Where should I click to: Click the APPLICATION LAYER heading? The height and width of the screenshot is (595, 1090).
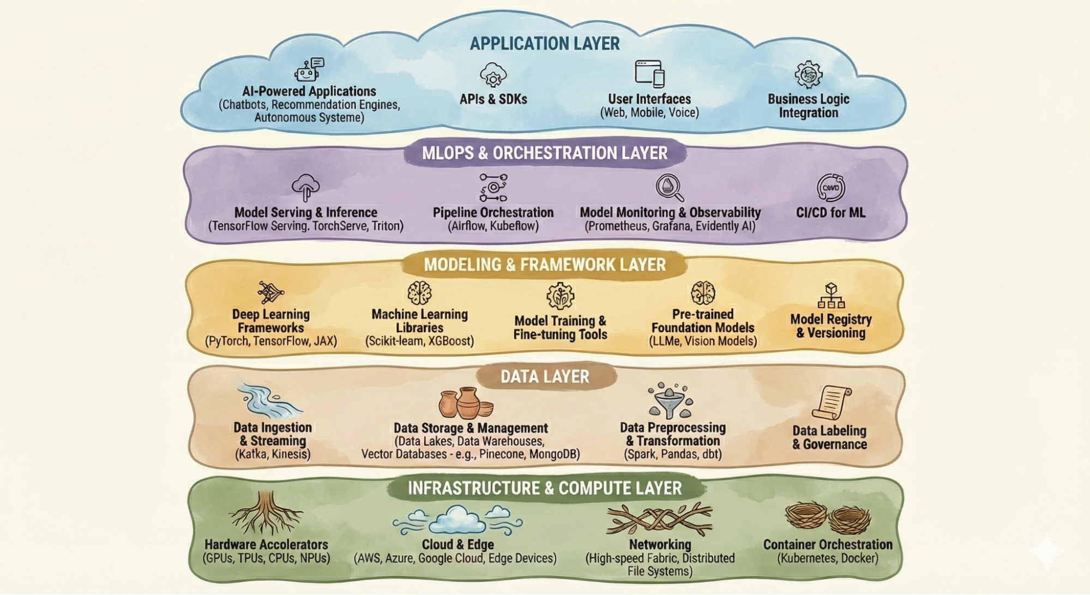[545, 44]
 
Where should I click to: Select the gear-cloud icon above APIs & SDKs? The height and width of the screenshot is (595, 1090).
[493, 75]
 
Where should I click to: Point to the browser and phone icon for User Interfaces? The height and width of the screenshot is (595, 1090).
[649, 74]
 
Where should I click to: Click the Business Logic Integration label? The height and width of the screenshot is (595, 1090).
[808, 106]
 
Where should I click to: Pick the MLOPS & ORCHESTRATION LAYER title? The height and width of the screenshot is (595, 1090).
[545, 153]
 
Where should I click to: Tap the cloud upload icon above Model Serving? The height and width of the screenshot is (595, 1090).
[306, 188]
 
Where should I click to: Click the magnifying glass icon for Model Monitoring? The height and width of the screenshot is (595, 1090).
[670, 188]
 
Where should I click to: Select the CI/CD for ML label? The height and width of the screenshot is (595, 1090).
[830, 213]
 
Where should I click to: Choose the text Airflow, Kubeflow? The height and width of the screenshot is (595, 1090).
[493, 226]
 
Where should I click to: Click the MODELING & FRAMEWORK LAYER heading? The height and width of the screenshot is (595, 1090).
[545, 265]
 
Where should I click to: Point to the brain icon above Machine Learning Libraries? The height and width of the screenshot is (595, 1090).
[419, 293]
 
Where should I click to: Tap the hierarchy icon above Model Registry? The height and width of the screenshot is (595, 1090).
[831, 296]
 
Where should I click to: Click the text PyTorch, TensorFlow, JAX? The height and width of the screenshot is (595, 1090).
[271, 341]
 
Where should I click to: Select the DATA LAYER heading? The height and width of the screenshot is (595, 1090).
[545, 377]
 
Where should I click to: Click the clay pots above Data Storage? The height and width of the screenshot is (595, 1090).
[465, 404]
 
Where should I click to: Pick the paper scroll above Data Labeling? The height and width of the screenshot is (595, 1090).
[830, 402]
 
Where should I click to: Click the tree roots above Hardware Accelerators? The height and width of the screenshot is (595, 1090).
[266, 513]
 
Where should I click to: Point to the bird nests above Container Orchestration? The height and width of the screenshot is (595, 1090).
[828, 517]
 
